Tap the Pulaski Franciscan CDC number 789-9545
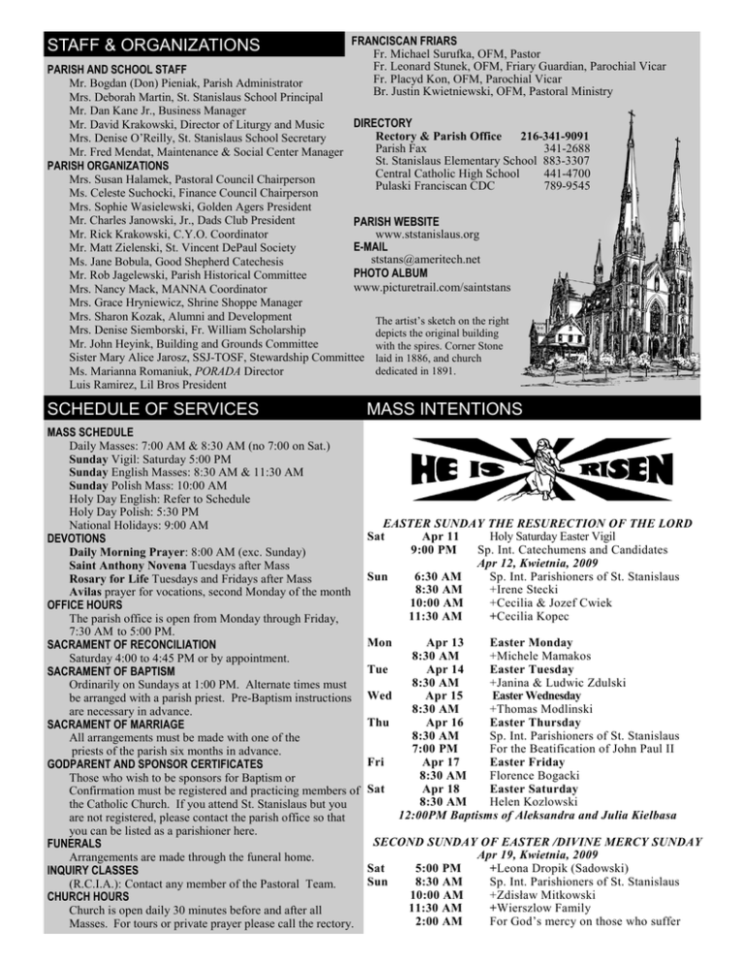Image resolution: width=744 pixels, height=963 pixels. [567, 186]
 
